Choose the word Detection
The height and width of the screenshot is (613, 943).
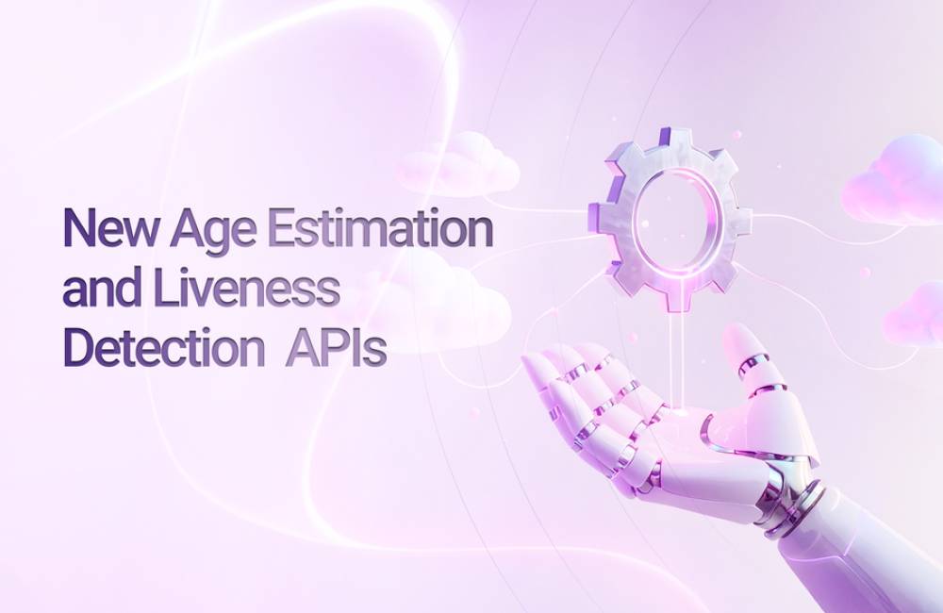pyautogui.click(x=163, y=348)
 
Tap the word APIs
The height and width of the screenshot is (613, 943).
pyautogui.click(x=336, y=348)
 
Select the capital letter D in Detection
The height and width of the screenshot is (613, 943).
pyautogui.click(x=77, y=348)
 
